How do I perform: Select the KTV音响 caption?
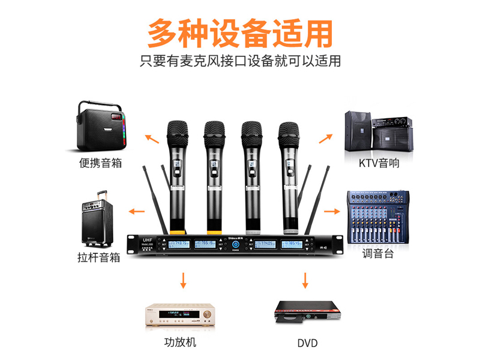tap(379, 163)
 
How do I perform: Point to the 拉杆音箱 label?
tap(99, 257)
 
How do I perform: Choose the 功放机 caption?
tap(180, 343)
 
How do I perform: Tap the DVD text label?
tap(307, 344)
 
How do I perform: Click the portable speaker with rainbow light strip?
tap(100, 127)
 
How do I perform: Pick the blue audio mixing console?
tap(378, 217)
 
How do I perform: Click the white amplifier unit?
tap(179, 314)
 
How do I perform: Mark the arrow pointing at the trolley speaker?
tap(137, 211)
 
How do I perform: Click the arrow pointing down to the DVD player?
tap(305, 280)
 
